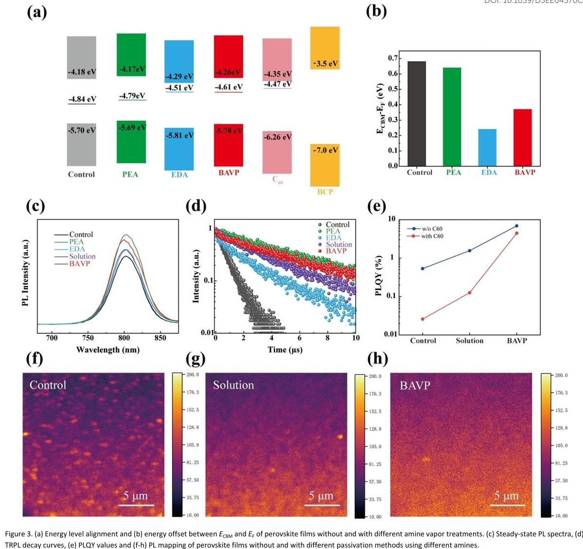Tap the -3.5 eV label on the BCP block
tap(325, 64)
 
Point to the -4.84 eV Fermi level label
tap(82, 99)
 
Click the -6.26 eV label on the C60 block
tap(277, 137)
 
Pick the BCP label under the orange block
tap(325, 192)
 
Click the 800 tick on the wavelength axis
tap(124, 338)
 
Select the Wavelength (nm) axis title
tap(107, 349)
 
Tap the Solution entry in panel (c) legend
tap(82, 256)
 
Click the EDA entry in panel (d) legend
tap(334, 238)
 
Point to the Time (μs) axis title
tap(285, 349)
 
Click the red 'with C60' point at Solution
tap(470, 293)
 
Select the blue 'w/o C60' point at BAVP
tap(516, 226)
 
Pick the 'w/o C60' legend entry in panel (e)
tap(431, 229)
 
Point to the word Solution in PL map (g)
tap(233, 385)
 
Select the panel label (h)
tap(378, 359)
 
